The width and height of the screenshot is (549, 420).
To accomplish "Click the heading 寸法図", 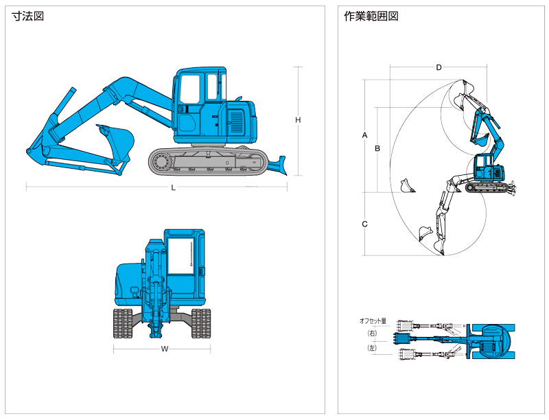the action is (27, 16).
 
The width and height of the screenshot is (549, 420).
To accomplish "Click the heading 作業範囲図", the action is (371, 16).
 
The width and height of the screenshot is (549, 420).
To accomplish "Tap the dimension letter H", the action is (298, 120).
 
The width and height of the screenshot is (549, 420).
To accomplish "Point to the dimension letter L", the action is (174, 188).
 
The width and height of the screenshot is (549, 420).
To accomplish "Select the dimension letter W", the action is (165, 349).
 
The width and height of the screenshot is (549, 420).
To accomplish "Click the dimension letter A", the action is (365, 135).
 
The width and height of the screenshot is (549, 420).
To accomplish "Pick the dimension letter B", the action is (377, 148).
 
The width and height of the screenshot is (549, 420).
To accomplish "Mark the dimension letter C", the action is (365, 224).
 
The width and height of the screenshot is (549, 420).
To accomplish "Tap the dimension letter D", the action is (439, 67).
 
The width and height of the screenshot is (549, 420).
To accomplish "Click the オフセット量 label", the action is (373, 320).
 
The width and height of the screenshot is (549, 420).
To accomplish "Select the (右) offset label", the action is (372, 334).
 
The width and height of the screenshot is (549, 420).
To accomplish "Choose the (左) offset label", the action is (372, 348).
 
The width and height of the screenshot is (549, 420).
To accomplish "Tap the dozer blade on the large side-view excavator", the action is (278, 165).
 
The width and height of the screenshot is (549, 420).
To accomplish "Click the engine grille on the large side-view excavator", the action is (237, 121).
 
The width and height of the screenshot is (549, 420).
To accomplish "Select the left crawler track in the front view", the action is (123, 323).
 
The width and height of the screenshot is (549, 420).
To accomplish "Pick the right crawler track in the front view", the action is (201, 323).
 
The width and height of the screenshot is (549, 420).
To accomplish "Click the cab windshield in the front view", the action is (181, 256).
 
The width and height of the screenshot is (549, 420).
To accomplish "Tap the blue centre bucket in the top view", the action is (402, 339).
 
